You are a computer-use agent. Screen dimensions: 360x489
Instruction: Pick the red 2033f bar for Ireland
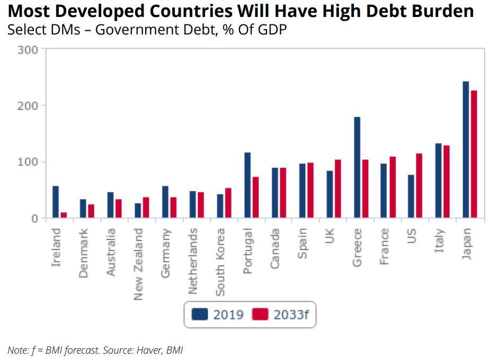coord(64,215)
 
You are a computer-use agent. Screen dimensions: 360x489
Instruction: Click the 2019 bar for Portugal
coord(247,185)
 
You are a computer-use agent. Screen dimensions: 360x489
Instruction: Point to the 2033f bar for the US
coord(419,186)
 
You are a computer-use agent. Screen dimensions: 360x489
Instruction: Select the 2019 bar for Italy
coord(438,180)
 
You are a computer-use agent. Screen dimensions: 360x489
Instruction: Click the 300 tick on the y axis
coord(28,50)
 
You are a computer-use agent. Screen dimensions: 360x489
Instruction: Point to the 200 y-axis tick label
coord(28,106)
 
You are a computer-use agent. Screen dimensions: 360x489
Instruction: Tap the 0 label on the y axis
coord(34,218)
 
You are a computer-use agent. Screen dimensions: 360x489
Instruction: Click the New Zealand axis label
coord(138,264)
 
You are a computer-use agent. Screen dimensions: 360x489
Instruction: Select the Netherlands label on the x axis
coord(193,261)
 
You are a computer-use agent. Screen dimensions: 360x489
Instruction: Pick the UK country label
coord(330,235)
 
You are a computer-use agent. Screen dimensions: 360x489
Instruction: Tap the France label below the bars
coord(384,247)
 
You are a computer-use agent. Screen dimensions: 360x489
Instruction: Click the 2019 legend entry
coord(218,314)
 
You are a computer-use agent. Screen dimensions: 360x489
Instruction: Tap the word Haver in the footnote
coord(140,350)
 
